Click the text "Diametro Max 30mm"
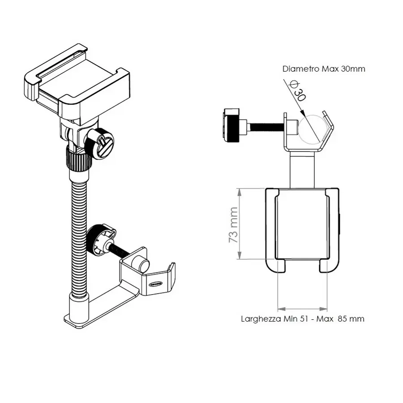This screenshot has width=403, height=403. click(x=324, y=69)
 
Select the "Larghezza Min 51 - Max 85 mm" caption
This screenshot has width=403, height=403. click(x=302, y=319)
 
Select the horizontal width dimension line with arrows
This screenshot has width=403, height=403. click(x=302, y=308)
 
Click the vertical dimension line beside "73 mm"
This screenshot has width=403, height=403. click(x=240, y=224)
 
